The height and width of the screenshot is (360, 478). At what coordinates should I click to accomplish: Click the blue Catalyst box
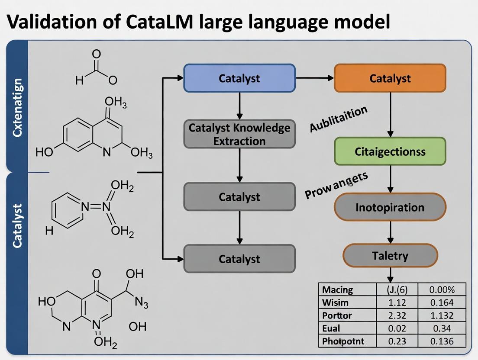coord(239,78)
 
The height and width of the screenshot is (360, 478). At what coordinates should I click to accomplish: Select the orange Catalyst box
coord(390,78)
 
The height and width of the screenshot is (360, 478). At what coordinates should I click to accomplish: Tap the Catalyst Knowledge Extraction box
coord(239,134)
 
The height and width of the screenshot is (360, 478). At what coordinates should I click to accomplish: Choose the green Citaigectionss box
coord(390,151)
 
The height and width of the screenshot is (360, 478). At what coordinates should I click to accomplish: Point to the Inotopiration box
coord(390,207)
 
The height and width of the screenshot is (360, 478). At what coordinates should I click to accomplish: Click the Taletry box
coord(390,256)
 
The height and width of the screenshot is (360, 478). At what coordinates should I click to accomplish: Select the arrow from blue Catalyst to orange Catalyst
coord(315,78)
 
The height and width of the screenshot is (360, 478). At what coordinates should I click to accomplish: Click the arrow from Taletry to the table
coord(390,275)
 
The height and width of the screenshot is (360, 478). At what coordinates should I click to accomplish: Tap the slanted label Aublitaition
coord(339,119)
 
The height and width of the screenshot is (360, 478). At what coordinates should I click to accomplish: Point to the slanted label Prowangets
coord(336,185)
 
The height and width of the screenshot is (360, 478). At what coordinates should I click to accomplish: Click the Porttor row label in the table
coord(338,315)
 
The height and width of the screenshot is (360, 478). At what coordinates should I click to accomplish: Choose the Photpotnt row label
coord(343,341)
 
